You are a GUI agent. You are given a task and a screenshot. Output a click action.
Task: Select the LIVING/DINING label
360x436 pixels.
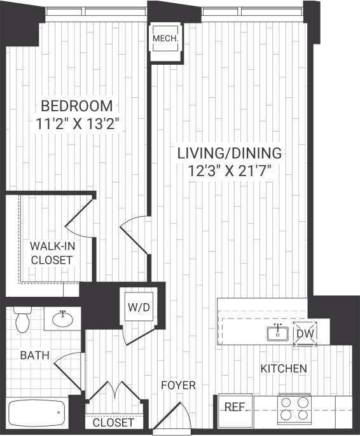pyautogui.click(x=229, y=154)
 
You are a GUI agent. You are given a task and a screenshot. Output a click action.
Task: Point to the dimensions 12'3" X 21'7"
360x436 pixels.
pyautogui.click(x=229, y=170)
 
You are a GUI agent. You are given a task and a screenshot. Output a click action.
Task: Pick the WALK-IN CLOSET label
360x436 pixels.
pyautogui.click(x=52, y=253)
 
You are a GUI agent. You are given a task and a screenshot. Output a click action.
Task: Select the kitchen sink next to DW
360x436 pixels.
pyautogui.click(x=277, y=332)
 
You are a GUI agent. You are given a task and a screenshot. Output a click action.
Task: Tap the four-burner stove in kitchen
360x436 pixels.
pyautogui.click(x=294, y=409)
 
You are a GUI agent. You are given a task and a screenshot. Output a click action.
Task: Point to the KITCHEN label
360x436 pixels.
pyautogui.click(x=284, y=369)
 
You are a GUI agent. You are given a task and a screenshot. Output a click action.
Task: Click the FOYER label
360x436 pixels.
pyautogui.click(x=178, y=385)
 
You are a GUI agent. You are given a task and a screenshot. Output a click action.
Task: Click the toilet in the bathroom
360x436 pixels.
pyautogui.click(x=23, y=320)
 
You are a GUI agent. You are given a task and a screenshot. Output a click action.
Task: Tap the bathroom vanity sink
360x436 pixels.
pyautogui.click(x=63, y=319)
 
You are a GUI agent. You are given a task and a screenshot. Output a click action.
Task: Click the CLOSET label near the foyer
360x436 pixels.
pyautogui.click(x=114, y=423)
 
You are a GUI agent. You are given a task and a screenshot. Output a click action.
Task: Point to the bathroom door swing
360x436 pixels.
pyautogui.click(x=69, y=365)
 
